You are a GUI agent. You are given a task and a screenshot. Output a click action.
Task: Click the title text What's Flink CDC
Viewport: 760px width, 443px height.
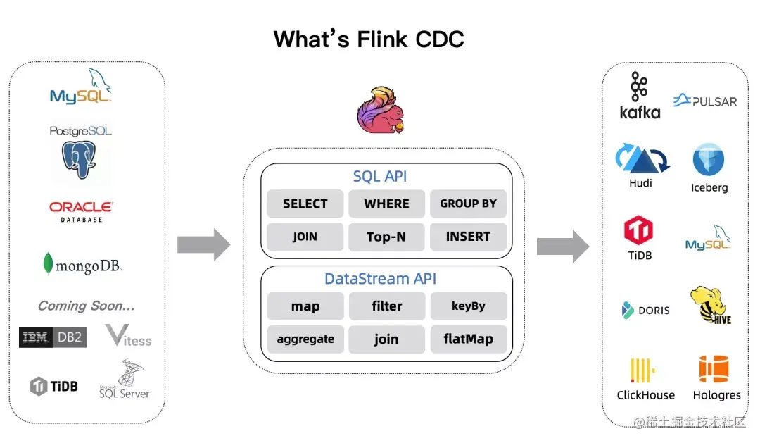click(369, 39)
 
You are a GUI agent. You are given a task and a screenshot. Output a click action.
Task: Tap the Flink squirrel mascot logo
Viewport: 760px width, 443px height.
click(381, 111)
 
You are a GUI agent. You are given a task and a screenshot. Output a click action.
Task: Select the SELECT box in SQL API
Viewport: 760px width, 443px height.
click(305, 204)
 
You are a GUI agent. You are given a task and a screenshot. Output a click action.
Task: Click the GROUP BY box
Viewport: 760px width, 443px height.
click(468, 204)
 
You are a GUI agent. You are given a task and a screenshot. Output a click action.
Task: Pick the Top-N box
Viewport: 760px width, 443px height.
click(386, 237)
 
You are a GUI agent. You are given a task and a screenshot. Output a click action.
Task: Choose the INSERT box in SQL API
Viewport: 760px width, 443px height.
click(468, 237)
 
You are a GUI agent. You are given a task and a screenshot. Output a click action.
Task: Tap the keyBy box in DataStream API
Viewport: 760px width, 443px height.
click(468, 306)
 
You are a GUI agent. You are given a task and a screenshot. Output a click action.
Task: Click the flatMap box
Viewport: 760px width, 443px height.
click(468, 339)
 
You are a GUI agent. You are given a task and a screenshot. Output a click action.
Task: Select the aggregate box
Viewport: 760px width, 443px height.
click(305, 339)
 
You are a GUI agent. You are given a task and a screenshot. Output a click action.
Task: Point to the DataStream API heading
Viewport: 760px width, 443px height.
click(386, 279)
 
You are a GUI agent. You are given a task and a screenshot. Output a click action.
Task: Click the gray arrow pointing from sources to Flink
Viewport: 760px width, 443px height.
click(203, 244)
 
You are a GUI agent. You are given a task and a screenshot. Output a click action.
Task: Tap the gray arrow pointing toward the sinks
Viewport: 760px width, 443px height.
click(562, 247)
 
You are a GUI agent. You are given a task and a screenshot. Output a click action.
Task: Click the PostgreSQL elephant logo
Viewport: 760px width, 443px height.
click(79, 159)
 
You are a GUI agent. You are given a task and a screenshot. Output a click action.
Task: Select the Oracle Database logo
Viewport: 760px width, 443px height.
click(81, 211)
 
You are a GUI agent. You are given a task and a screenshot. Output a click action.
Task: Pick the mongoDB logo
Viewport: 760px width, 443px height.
click(82, 266)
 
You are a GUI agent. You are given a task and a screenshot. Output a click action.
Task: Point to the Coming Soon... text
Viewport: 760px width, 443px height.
click(86, 306)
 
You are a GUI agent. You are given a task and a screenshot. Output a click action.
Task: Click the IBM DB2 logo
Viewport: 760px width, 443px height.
click(53, 337)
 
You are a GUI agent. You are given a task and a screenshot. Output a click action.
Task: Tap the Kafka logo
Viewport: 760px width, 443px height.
click(640, 95)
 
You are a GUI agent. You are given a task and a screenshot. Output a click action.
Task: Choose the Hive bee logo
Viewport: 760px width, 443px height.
click(711, 305)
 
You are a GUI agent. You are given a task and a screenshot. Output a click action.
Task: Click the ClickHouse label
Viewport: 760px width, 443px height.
click(645, 395)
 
